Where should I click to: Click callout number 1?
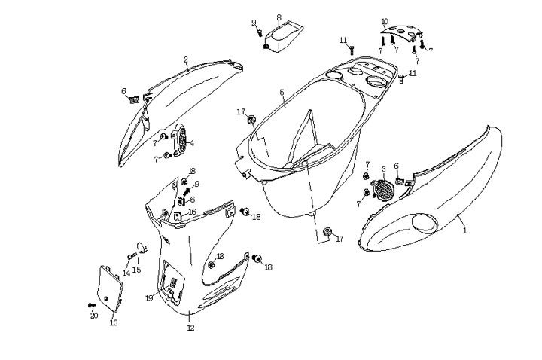pyautogui.click(x=464, y=230)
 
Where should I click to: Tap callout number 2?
pyautogui.click(x=186, y=59)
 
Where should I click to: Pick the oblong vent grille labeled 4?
pyautogui.click(x=180, y=142)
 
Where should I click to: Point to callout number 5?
pyautogui.click(x=282, y=93)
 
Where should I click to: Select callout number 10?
pyautogui.click(x=385, y=21)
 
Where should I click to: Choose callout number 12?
pyautogui.click(x=190, y=328)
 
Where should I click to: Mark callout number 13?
pyautogui.click(x=114, y=323)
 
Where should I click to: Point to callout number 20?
pyautogui.click(x=94, y=316)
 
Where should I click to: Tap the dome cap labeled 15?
pyautogui.click(x=141, y=246)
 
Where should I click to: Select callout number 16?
pyautogui.click(x=192, y=212)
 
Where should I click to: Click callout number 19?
pyautogui.click(x=150, y=298)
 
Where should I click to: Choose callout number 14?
pyautogui.click(x=126, y=273)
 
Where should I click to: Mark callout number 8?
pyautogui.click(x=279, y=17)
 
